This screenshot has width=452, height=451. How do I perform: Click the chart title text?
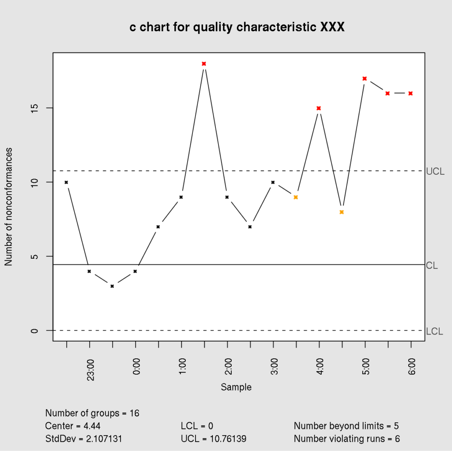[237, 27]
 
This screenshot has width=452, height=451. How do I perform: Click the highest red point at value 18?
[204, 64]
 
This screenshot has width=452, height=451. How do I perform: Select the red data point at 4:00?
[319, 108]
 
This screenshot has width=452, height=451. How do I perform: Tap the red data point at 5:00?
[365, 79]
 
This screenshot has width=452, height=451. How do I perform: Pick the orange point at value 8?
[342, 212]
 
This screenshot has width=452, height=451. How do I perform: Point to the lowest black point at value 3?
[112, 286]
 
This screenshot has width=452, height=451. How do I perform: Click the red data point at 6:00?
[411, 94]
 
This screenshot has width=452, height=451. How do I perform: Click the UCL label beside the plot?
[435, 172]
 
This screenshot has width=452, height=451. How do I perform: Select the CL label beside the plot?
[432, 266]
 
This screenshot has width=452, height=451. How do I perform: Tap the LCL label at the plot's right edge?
[435, 331]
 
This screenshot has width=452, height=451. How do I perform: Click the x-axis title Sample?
[236, 387]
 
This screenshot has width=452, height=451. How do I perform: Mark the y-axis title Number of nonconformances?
[8, 207]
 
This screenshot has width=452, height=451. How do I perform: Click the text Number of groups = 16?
[92, 413]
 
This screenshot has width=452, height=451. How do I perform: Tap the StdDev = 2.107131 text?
[84, 439]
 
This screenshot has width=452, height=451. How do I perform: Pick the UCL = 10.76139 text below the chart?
[214, 439]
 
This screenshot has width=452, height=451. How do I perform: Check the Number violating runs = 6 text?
[347, 439]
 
